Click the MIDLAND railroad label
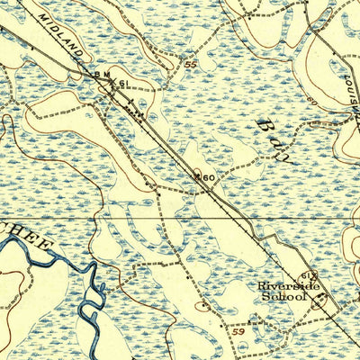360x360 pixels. click(60, 36)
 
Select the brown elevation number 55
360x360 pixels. click(189, 65)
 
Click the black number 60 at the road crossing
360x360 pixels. click(207, 178)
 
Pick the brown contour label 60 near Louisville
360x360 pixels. click(312, 100)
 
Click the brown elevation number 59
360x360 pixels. click(238, 332)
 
